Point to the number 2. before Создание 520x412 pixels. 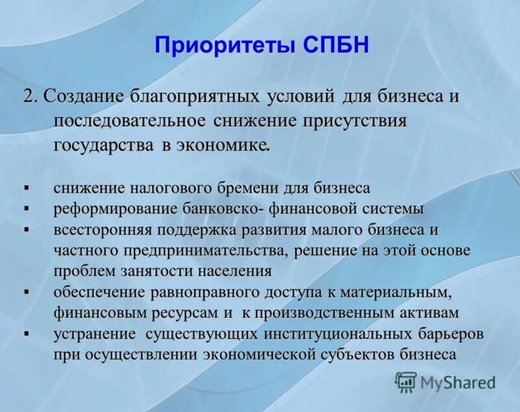pyautogui.click(x=31, y=96)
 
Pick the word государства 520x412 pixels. pyautogui.click(x=103, y=144)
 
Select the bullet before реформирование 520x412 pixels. pyautogui.click(x=27, y=208)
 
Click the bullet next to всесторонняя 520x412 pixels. pyautogui.click(x=27, y=229)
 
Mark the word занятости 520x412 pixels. pyautogui.click(x=162, y=271)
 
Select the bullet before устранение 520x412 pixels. pyautogui.click(x=27, y=333)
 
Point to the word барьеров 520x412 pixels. pyautogui.click(x=449, y=334)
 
